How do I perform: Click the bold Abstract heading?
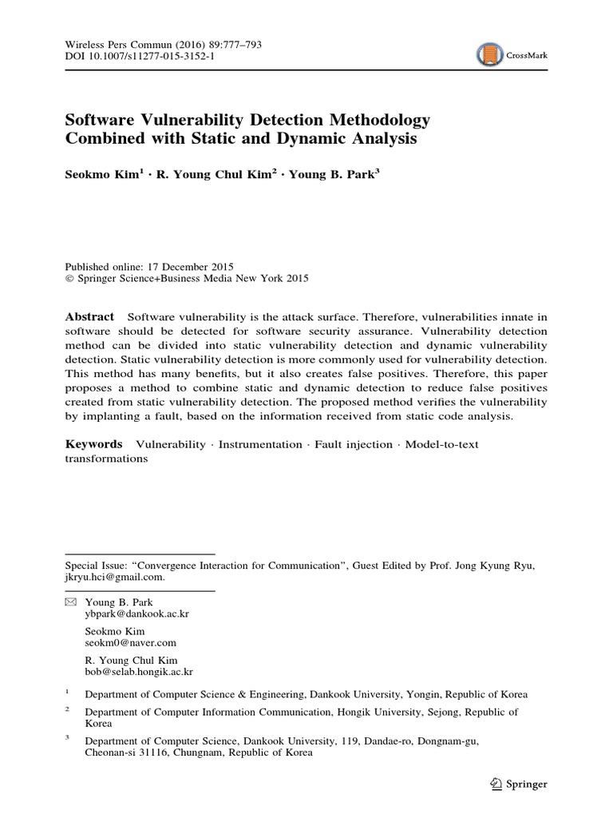point(89,317)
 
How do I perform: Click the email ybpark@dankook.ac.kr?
point(137,613)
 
